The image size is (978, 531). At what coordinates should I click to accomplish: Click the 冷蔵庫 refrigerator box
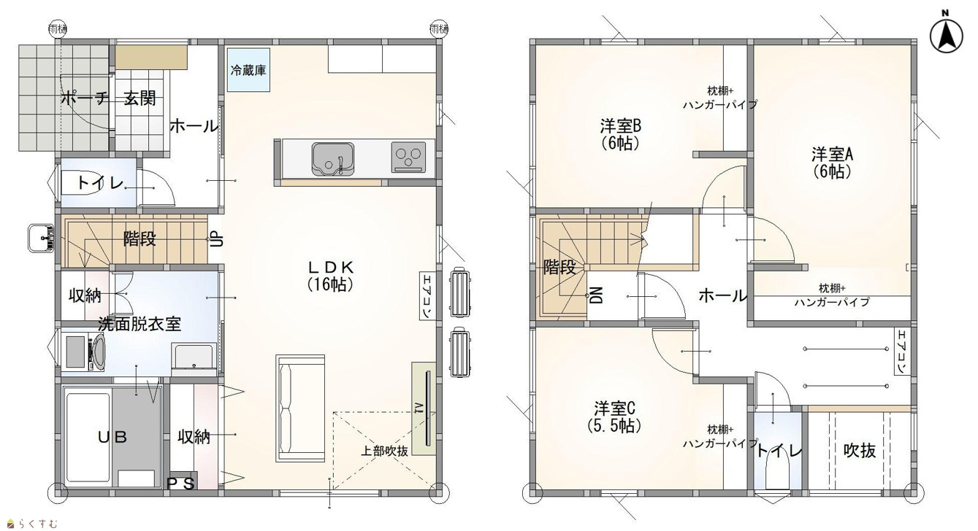pyautogui.click(x=248, y=70)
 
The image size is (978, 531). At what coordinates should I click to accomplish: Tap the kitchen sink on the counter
pyautogui.click(x=332, y=159)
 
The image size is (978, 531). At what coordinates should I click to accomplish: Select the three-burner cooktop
pyautogui.click(x=408, y=157)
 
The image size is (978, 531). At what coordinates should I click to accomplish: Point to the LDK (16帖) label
pyautogui.click(x=330, y=276)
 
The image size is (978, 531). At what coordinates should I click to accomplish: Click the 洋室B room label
pyautogui.click(x=620, y=135)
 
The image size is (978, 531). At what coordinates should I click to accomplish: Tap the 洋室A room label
pyautogui.click(x=832, y=163)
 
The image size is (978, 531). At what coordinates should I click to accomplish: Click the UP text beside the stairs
pyautogui.click(x=217, y=239)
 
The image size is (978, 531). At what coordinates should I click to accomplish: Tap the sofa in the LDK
pyautogui.click(x=300, y=408)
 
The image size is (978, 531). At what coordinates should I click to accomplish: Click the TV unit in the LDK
pyautogui.click(x=424, y=408)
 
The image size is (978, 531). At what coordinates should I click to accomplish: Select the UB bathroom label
pyautogui.click(x=112, y=437)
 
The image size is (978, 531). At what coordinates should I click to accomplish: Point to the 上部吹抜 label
pyautogui.click(x=384, y=451)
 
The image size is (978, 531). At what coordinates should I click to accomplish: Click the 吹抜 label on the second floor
pyautogui.click(x=859, y=450)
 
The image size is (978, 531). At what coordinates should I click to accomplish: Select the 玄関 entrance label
pyautogui.click(x=140, y=98)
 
